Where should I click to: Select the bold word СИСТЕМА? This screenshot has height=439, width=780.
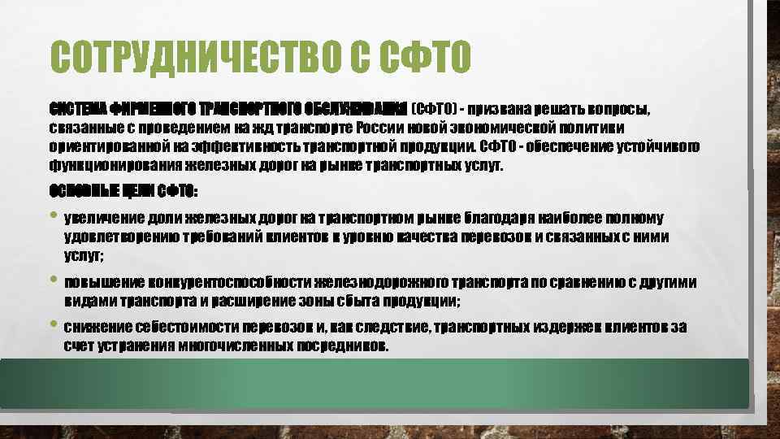tap(72, 108)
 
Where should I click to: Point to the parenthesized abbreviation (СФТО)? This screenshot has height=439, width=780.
tap(434, 108)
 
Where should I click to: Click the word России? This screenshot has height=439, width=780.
tap(377, 128)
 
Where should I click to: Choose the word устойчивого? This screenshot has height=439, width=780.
tap(654, 146)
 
